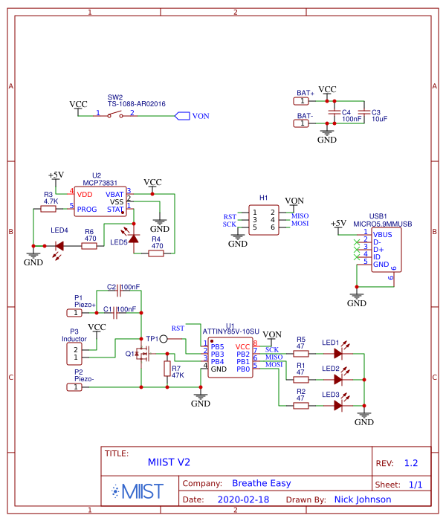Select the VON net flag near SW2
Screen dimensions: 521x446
(182, 115)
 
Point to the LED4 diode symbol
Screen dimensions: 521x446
(59, 245)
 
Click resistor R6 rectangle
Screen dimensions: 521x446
(89, 245)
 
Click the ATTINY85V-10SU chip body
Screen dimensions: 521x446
(230, 357)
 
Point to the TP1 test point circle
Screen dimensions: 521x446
(164, 339)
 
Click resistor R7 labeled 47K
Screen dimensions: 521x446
(166, 371)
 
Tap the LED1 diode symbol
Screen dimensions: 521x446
(339, 353)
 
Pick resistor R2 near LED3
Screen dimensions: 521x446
(300, 405)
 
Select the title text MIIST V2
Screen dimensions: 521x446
(169, 462)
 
